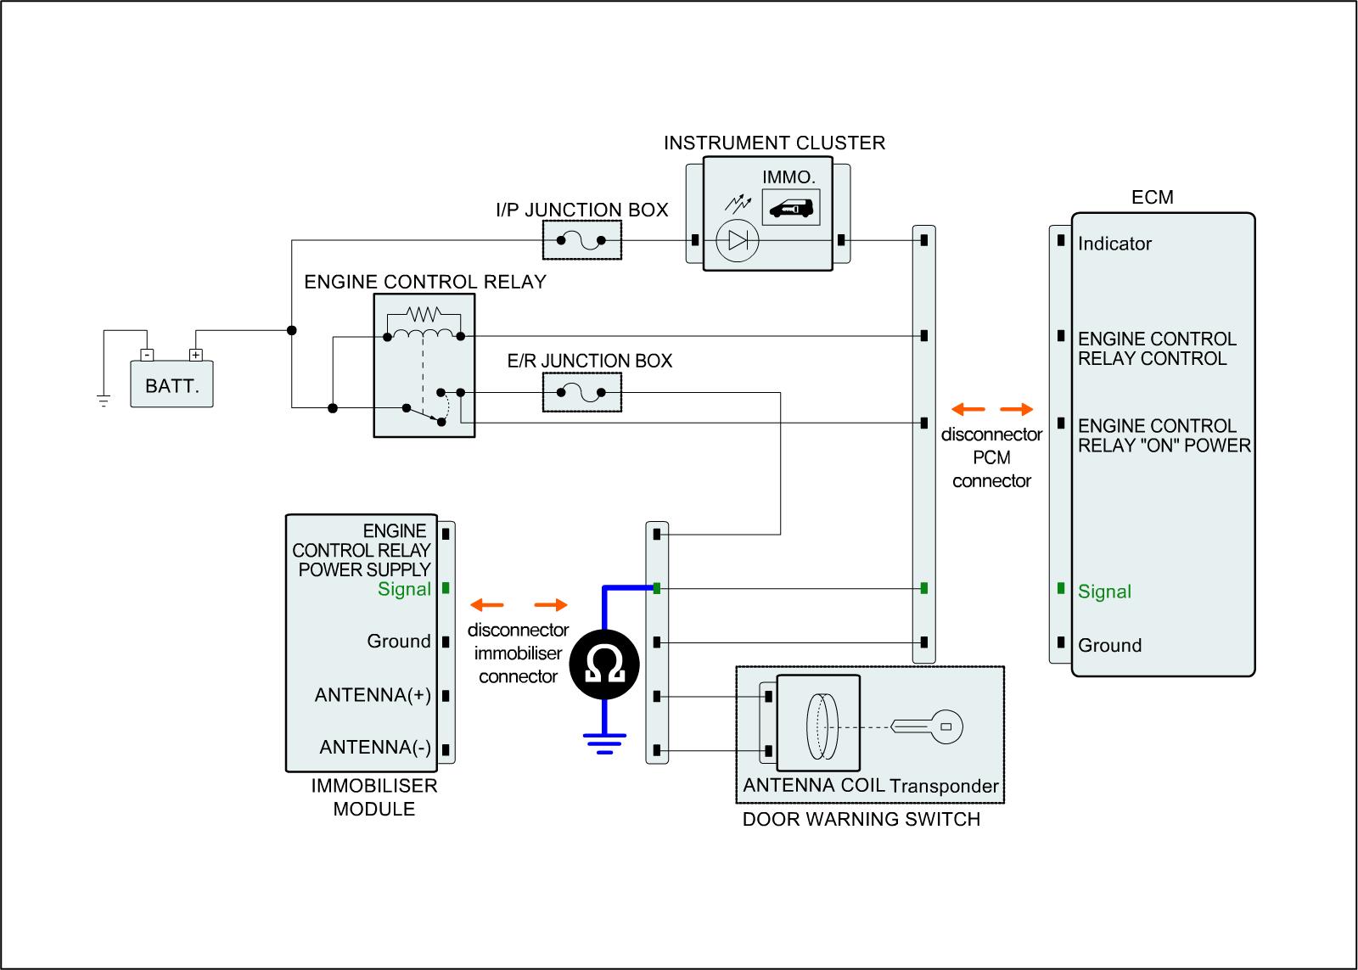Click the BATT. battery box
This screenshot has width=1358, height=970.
[x=171, y=385]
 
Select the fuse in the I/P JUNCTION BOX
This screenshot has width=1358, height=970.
[x=581, y=240]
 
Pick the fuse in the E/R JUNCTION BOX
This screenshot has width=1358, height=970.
[x=581, y=392]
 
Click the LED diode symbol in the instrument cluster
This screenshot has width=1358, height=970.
[x=737, y=241]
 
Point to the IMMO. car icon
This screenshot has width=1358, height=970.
[x=791, y=207]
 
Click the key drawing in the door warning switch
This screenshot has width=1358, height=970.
[x=929, y=726]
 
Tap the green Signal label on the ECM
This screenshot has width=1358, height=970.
[x=1104, y=592]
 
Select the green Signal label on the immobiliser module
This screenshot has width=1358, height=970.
[x=404, y=589]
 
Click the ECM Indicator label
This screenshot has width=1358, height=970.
[x=1114, y=244]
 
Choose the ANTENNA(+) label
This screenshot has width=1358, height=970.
[x=373, y=696]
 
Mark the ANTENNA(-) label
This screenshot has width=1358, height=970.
[x=375, y=748]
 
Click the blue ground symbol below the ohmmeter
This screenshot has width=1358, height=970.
[x=604, y=743]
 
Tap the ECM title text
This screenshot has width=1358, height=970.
[x=1152, y=198]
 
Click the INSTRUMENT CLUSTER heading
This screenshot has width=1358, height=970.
[x=774, y=143]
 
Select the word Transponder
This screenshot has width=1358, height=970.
[x=944, y=787]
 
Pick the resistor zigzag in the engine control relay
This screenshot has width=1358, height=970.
[x=424, y=312]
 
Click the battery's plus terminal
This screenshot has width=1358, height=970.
[x=196, y=355]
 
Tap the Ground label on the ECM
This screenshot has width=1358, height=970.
[x=1109, y=646]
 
